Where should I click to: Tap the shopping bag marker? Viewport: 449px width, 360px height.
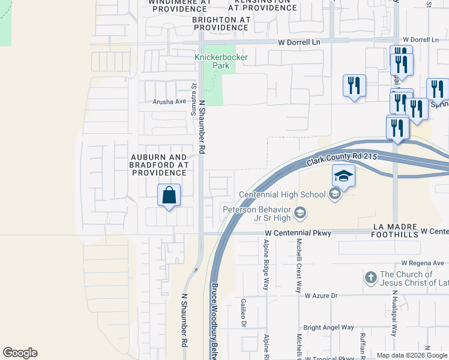(169, 196)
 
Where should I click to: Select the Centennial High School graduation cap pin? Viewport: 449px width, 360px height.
(343, 176)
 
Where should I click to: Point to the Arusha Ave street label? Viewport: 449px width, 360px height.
(169, 101)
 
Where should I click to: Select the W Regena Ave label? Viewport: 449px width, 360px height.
(423, 263)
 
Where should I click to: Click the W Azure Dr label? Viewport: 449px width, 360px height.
(321, 295)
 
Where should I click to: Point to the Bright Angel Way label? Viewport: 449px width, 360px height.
(328, 327)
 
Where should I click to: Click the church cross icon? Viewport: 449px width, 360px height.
(371, 278)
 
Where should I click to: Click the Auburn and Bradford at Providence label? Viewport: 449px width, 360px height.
(160, 165)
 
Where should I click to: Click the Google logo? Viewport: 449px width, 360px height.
(20, 353)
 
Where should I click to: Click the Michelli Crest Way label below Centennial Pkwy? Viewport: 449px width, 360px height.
(298, 265)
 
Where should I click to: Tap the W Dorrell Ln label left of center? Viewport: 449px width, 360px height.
(299, 42)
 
